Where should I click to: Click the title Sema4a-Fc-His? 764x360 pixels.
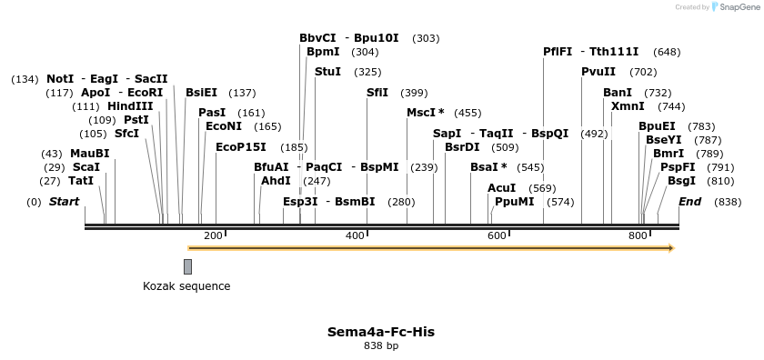click(x=381, y=332)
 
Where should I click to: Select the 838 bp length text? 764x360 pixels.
click(x=381, y=346)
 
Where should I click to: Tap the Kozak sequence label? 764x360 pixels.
click(x=186, y=286)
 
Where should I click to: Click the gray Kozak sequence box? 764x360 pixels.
click(x=187, y=266)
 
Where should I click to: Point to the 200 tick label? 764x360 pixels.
click(x=213, y=236)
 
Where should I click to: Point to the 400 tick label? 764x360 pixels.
click(x=355, y=236)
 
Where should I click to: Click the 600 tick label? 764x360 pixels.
click(x=497, y=236)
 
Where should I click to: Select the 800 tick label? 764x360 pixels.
click(x=638, y=236)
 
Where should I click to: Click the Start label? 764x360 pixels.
click(x=64, y=202)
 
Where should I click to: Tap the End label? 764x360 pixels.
click(x=689, y=202)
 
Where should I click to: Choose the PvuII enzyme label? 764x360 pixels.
click(x=598, y=72)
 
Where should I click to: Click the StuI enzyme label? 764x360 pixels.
click(x=327, y=72)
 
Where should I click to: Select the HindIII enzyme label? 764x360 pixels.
click(x=130, y=106)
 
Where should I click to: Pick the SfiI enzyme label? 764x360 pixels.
click(x=377, y=93)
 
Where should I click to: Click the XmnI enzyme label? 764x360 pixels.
click(x=628, y=106)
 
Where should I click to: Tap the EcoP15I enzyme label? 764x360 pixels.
click(x=241, y=147)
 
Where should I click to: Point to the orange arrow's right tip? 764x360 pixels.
click(x=675, y=247)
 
